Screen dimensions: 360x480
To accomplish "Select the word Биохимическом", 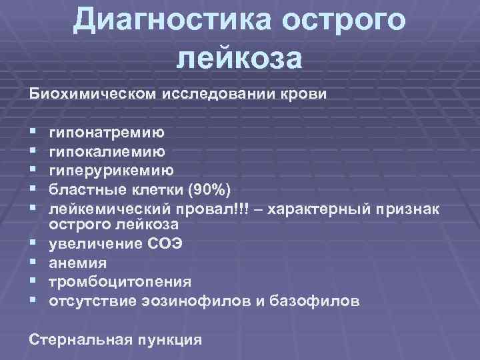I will tap(91, 93).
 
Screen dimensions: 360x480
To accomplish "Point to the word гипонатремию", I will tap(107, 134).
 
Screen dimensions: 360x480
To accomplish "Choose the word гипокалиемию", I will tap(106, 153).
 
